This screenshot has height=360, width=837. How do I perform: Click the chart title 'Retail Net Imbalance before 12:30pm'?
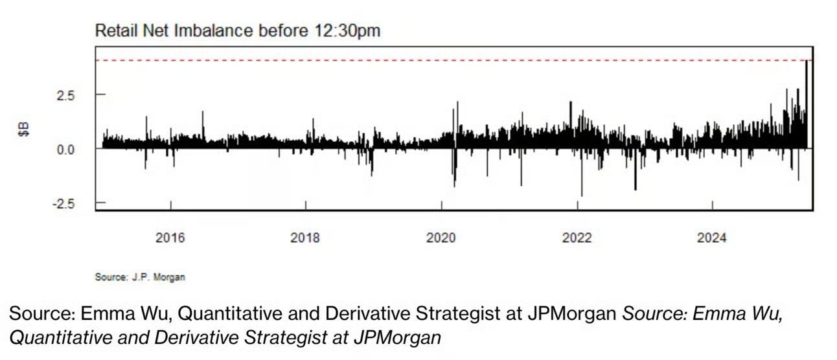pyautogui.click(x=237, y=30)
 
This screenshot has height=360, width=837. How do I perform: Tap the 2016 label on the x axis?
pyautogui.click(x=170, y=238)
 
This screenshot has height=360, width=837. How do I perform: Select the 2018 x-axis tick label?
pyautogui.click(x=305, y=238)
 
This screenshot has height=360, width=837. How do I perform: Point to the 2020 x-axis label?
pyautogui.click(x=441, y=238)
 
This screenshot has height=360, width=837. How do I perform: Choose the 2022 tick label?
pyautogui.click(x=577, y=238)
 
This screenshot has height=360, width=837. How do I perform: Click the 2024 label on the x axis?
pyautogui.click(x=712, y=238)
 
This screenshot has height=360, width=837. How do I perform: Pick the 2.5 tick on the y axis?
pyautogui.click(x=67, y=95)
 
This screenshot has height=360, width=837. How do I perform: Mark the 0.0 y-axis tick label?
pyautogui.click(x=67, y=149)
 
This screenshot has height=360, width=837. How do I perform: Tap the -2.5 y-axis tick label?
pyautogui.click(x=65, y=203)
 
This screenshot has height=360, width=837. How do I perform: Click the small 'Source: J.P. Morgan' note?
pyautogui.click(x=140, y=277)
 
